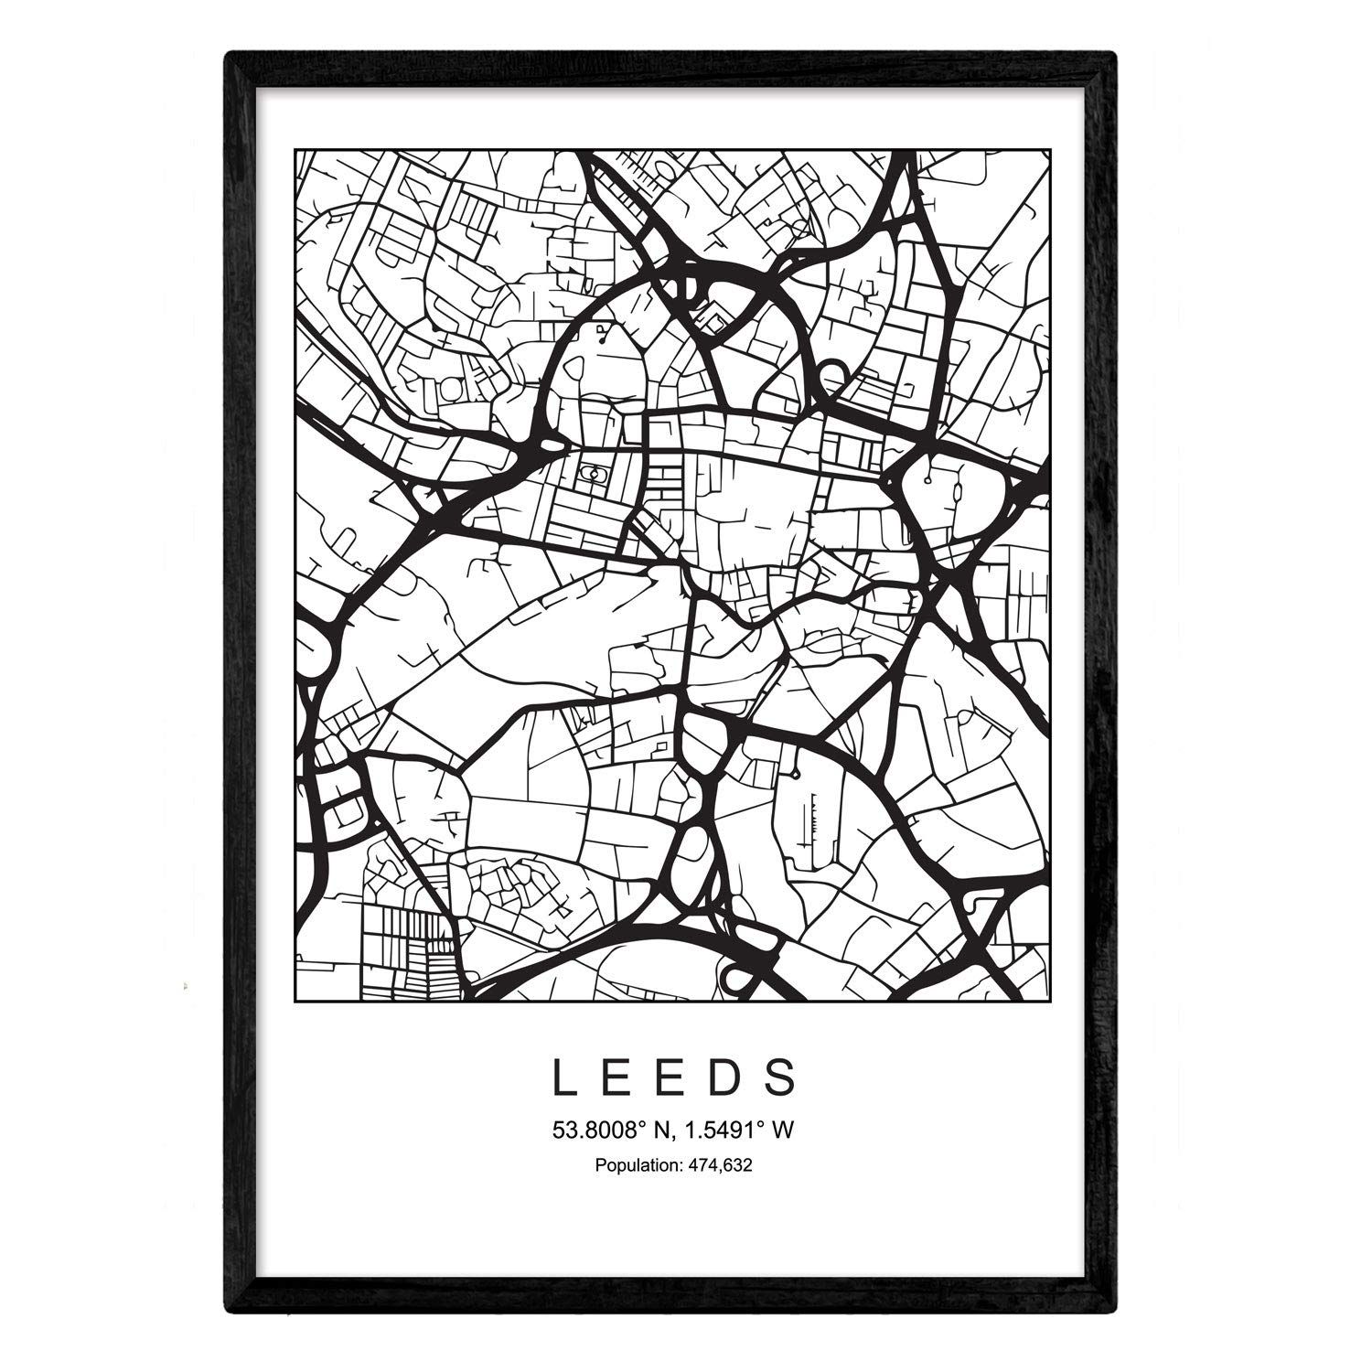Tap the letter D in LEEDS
[726, 1077]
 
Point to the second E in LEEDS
[671, 1077]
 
